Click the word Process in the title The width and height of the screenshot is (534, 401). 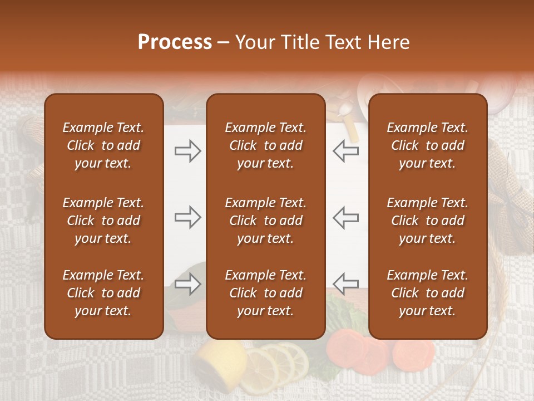175,42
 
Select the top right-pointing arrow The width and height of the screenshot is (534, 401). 187,151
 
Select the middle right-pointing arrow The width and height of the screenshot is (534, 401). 187,217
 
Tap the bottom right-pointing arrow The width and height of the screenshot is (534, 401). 187,284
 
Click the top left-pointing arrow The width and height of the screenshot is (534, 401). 345,151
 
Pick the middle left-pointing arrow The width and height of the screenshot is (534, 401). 345,217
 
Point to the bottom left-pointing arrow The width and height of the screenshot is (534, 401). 345,284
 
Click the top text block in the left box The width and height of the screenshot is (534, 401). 103,145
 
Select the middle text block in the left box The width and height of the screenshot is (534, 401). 103,221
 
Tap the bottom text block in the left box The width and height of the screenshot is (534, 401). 103,293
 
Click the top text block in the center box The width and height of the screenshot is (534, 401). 265,145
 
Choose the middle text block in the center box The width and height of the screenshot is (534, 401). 265,221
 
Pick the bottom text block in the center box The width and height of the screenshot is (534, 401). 265,293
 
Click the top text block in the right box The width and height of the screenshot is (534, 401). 427,145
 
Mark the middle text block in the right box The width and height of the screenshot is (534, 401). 427,221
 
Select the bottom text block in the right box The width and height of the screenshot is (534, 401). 427,293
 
